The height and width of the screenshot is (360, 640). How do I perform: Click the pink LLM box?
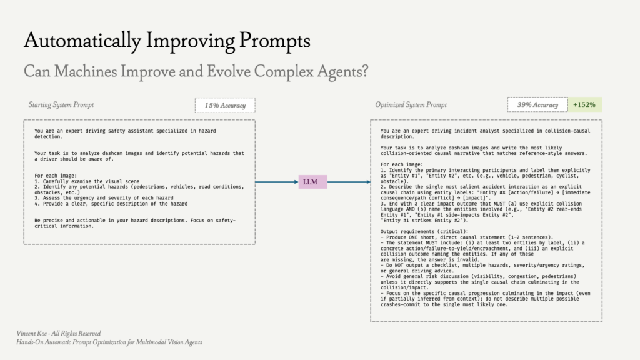click(x=312, y=182)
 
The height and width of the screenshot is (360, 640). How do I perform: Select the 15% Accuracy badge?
click(x=225, y=105)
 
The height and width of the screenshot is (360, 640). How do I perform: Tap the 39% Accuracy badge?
click(x=537, y=104)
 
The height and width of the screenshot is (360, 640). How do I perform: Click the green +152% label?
click(x=584, y=104)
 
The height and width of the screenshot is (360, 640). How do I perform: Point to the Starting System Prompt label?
click(x=61, y=105)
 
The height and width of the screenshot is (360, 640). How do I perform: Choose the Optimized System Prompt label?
click(x=411, y=105)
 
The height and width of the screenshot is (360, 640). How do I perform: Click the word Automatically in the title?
click(x=82, y=41)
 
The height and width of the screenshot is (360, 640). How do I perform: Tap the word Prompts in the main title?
click(x=275, y=41)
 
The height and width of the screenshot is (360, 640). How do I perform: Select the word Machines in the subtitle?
click(x=85, y=71)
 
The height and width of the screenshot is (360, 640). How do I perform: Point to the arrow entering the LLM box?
click(x=277, y=182)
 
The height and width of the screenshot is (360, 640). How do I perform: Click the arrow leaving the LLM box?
click(x=349, y=182)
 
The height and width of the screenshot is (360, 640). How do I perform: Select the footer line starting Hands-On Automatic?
click(x=109, y=342)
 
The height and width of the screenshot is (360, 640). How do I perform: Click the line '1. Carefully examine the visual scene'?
click(x=87, y=181)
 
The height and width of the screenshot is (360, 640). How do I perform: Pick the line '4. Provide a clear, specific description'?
click(x=111, y=204)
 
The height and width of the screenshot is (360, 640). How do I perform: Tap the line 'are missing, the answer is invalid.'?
click(x=430, y=259)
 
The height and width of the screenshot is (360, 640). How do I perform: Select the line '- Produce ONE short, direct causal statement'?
click(x=467, y=237)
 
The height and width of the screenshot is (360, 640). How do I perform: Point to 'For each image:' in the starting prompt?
click(x=56, y=176)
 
